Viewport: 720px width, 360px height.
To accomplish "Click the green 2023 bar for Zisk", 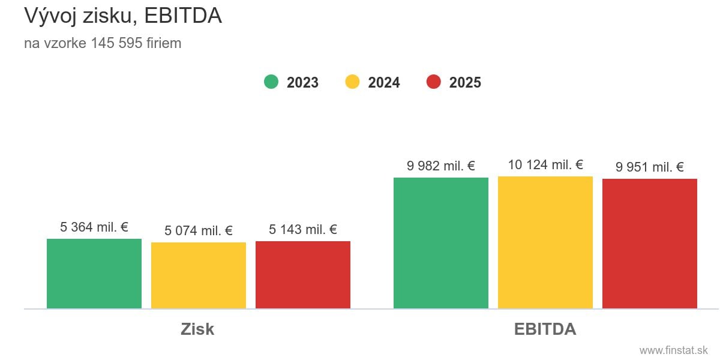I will [94, 274].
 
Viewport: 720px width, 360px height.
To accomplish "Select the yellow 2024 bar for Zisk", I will [199, 275].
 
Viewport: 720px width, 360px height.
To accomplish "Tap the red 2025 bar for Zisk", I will [303, 275].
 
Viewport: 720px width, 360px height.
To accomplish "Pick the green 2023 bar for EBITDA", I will [441, 243].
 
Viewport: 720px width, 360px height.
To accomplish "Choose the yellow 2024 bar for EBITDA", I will [545, 242].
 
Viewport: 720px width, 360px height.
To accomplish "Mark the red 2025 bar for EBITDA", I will [650, 244].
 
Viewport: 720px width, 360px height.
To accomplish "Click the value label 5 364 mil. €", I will [94, 227].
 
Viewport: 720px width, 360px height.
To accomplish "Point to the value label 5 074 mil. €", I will [199, 231].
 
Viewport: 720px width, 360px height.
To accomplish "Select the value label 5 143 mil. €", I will [303, 230].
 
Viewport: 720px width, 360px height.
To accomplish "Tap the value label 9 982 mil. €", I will [441, 166].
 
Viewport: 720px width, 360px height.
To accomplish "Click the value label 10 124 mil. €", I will [545, 165].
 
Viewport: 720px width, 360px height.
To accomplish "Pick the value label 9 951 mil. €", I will [650, 167].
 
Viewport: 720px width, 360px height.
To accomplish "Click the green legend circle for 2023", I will [271, 82].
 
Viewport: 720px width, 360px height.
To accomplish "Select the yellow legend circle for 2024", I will [353, 82].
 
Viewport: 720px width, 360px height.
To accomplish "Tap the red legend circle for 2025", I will [434, 82].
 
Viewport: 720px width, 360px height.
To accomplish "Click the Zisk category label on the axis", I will [197, 329].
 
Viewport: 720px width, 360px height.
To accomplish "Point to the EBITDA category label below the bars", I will [545, 329].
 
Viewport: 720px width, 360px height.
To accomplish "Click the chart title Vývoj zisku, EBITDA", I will [123, 16].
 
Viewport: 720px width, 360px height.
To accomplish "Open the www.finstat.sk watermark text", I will [674, 350].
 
